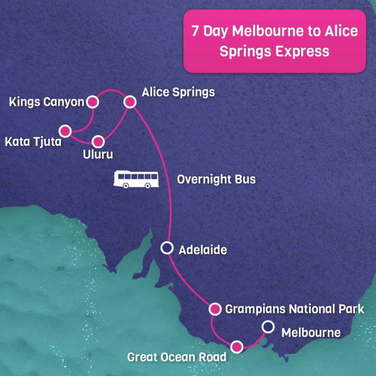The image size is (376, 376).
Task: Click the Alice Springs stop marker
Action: (x=130, y=102)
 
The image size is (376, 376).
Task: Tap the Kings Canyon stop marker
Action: (x=92, y=102)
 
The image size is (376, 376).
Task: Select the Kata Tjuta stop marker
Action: (x=65, y=131)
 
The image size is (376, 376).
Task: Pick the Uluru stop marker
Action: (x=98, y=141)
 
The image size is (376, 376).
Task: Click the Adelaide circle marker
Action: (x=167, y=248)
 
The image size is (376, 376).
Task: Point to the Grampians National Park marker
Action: (x=214, y=309)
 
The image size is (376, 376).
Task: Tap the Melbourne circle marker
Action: (x=268, y=327)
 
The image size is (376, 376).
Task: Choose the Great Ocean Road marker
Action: (x=236, y=347)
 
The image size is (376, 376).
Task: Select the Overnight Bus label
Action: (x=216, y=179)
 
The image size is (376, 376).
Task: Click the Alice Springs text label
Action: (x=178, y=92)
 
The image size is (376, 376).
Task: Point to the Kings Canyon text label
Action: (x=47, y=103)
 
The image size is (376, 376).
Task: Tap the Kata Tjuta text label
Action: (x=33, y=141)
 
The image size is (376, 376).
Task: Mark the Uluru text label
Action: (x=98, y=154)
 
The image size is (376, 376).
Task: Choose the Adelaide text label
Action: (x=202, y=249)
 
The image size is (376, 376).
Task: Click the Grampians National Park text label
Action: (x=295, y=309)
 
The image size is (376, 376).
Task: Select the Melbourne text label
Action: (x=311, y=333)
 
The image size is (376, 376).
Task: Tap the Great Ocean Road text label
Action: (x=177, y=357)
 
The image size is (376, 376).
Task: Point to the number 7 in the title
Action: (x=195, y=31)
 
